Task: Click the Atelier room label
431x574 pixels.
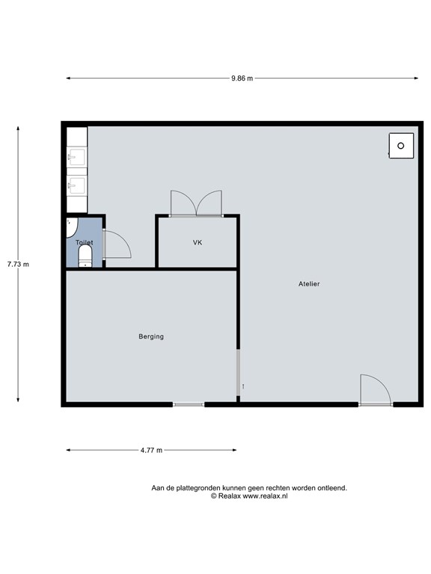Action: click(x=309, y=284)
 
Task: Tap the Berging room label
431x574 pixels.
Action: click(x=151, y=336)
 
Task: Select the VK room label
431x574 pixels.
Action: click(x=198, y=242)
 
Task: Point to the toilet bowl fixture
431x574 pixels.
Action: click(x=85, y=256)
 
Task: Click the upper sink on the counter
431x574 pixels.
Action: click(x=76, y=157)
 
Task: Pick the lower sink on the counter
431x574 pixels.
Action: click(x=76, y=185)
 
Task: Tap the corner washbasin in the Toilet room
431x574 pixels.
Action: click(x=72, y=227)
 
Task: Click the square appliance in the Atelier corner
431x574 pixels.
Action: click(x=401, y=146)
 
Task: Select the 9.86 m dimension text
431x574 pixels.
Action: click(x=242, y=78)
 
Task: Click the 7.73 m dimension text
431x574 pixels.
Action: click(x=18, y=264)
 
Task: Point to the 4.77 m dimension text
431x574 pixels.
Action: click(x=151, y=450)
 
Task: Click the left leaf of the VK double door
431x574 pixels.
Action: click(x=183, y=203)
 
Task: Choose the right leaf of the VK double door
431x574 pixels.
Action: click(x=210, y=203)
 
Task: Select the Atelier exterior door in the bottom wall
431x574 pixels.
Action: click(x=376, y=390)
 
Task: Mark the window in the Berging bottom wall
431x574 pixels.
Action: click(x=189, y=404)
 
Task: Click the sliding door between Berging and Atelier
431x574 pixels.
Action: click(x=238, y=372)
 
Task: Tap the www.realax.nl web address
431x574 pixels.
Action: click(x=266, y=496)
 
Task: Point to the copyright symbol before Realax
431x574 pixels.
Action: click(x=214, y=496)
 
